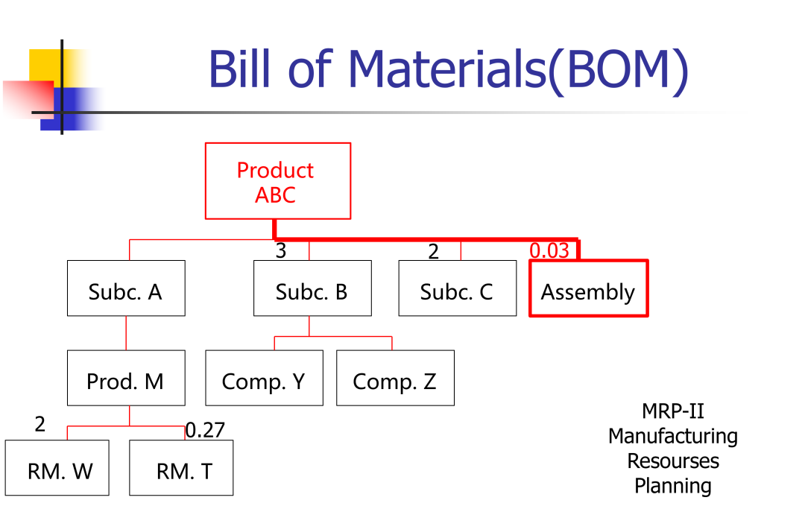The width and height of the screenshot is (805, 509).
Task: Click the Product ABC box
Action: click(277, 181)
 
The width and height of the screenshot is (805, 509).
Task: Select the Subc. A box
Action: click(126, 288)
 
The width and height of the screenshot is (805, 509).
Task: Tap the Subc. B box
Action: click(312, 288)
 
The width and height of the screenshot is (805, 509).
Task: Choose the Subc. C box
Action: click(457, 288)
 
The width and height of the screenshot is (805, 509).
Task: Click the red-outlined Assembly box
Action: click(588, 289)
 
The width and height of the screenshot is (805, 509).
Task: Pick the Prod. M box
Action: click(126, 378)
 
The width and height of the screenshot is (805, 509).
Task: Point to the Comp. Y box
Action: click(264, 378)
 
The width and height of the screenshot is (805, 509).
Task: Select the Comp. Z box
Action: click(395, 378)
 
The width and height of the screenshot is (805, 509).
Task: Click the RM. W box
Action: click(57, 468)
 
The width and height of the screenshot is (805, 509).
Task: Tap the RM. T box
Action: click(181, 468)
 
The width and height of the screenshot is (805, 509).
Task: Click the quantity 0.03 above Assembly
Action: click(549, 250)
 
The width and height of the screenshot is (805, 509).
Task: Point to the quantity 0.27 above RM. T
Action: click(205, 430)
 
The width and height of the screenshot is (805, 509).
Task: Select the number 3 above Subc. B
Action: click(281, 251)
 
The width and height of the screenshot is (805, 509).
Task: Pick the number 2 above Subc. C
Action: click(434, 252)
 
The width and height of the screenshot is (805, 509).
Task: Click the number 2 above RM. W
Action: click(40, 425)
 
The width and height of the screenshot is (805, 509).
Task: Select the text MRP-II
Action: click(672, 411)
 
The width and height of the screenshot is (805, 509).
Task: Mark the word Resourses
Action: click(672, 461)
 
